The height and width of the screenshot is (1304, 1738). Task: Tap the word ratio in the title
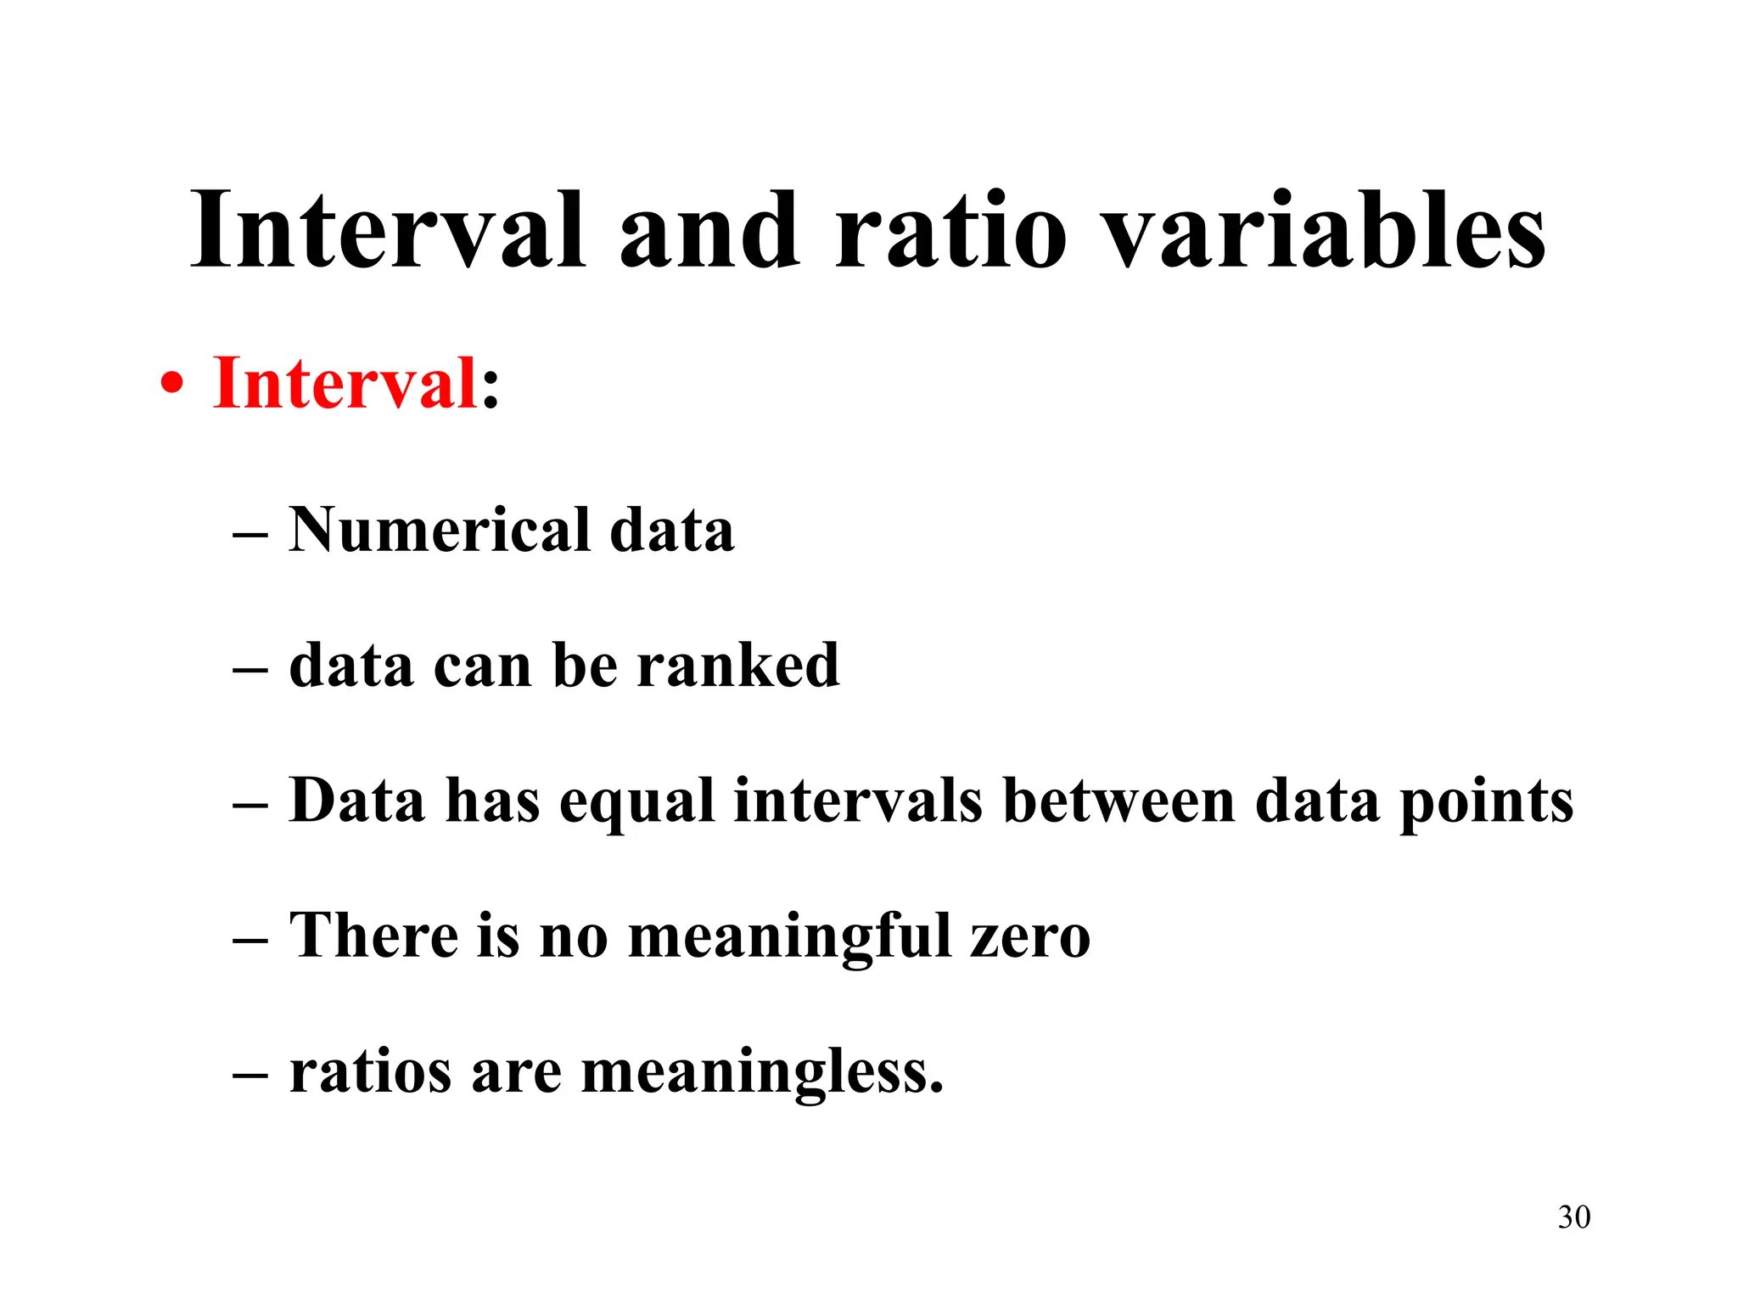[950, 231]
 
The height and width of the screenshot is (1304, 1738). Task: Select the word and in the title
[709, 231]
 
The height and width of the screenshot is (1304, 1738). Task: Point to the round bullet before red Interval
[171, 385]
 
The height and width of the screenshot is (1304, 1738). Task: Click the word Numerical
[440, 530]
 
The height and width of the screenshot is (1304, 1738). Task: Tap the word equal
[636, 802]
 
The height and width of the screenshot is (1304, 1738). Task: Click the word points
[1486, 802]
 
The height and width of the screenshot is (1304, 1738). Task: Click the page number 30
[1574, 1217]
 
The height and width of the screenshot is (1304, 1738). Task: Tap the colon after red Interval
[491, 392]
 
